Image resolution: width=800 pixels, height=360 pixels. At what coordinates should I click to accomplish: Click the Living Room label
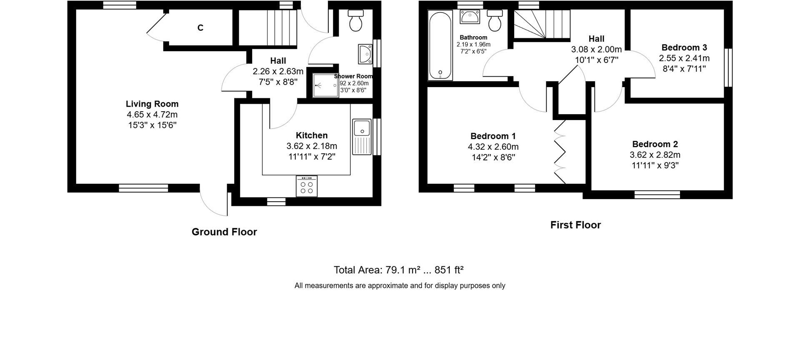coord(152,104)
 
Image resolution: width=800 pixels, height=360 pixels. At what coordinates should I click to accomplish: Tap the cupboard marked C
coord(200,28)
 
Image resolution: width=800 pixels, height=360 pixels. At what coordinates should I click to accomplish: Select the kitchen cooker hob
coord(307,186)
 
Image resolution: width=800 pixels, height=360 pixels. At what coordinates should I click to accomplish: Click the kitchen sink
coord(362,137)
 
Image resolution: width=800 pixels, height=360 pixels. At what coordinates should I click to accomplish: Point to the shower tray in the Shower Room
coord(325,85)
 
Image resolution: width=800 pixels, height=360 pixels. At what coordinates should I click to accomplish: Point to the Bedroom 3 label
coord(684,47)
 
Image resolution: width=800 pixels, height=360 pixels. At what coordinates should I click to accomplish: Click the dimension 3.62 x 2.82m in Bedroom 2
coord(655,155)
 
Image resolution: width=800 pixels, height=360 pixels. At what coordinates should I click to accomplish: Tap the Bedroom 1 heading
coord(493,136)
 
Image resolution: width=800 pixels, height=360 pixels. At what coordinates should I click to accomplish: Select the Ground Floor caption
coord(224,232)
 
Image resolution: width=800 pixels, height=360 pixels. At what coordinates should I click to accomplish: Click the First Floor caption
coord(575,225)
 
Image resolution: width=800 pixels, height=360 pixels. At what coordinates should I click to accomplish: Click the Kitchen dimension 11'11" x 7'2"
coord(312,157)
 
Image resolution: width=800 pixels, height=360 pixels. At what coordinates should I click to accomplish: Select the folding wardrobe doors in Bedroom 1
coord(560,152)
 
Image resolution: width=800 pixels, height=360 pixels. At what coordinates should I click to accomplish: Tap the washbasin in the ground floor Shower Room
coord(365,55)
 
